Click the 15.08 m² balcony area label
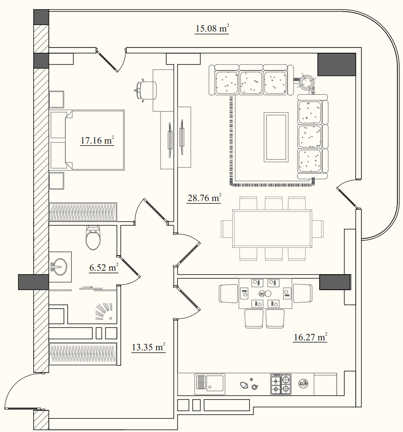tap(212, 29)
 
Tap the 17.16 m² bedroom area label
tap(97, 140)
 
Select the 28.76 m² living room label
tap(204, 198)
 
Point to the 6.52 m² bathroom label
tap(104, 268)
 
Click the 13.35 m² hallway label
tap(148, 347)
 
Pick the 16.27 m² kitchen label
tap(310, 337)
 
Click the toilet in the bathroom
tap(93, 237)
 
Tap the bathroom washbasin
tap(59, 267)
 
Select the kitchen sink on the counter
tap(210, 384)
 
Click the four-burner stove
tap(281, 384)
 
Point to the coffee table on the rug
tap(276, 137)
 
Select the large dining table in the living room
tap(272, 228)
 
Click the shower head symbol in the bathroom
tap(104, 312)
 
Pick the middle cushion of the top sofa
tap(251, 82)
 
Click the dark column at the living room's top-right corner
tap(336, 64)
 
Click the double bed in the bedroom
tap(87, 140)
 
